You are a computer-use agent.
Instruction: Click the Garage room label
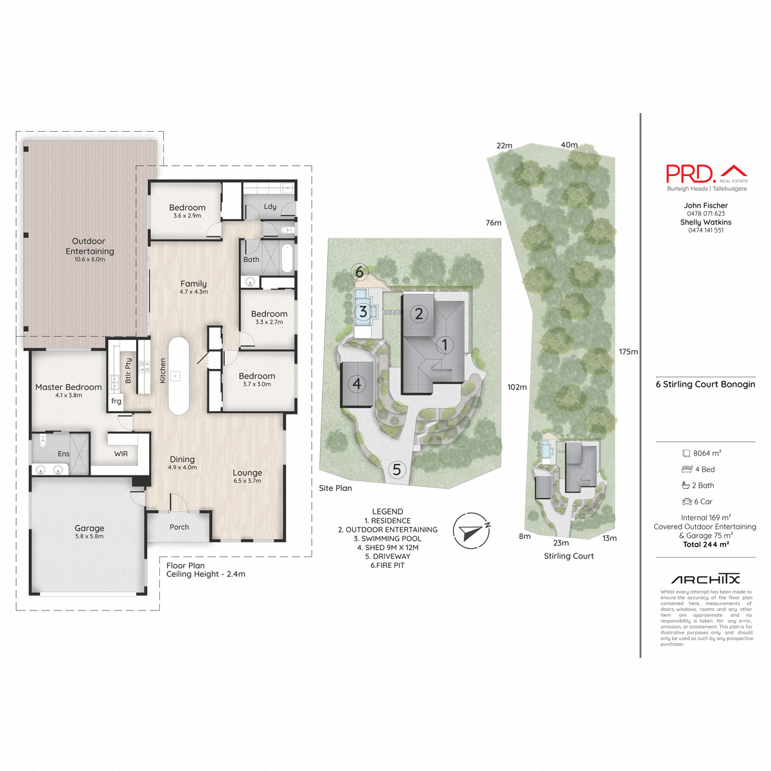tap(89, 528)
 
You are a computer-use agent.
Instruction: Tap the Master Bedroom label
tap(69, 387)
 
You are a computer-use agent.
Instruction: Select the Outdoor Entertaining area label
tap(90, 246)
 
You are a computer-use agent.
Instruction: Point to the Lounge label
tap(247, 473)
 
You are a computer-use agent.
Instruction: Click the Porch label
tap(179, 527)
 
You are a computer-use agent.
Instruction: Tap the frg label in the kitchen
tap(116, 402)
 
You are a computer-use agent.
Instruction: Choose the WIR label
tap(121, 454)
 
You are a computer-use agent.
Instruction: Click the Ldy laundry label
tap(270, 207)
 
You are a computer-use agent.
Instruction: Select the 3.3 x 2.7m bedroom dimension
tap(269, 322)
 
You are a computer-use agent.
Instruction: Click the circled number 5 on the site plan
tap(396, 470)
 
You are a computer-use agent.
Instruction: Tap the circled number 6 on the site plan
tap(359, 272)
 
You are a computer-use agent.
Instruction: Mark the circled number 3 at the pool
tap(363, 312)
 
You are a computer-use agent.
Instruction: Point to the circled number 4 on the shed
tap(357, 384)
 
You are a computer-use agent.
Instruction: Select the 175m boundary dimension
tap(628, 352)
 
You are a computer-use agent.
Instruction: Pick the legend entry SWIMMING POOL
tap(387, 538)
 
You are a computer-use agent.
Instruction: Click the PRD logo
tap(706, 173)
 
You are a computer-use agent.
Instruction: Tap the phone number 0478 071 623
tap(705, 214)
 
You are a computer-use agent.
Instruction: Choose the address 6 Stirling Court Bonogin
tap(705, 384)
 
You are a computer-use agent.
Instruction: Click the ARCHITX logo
tap(705, 579)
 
